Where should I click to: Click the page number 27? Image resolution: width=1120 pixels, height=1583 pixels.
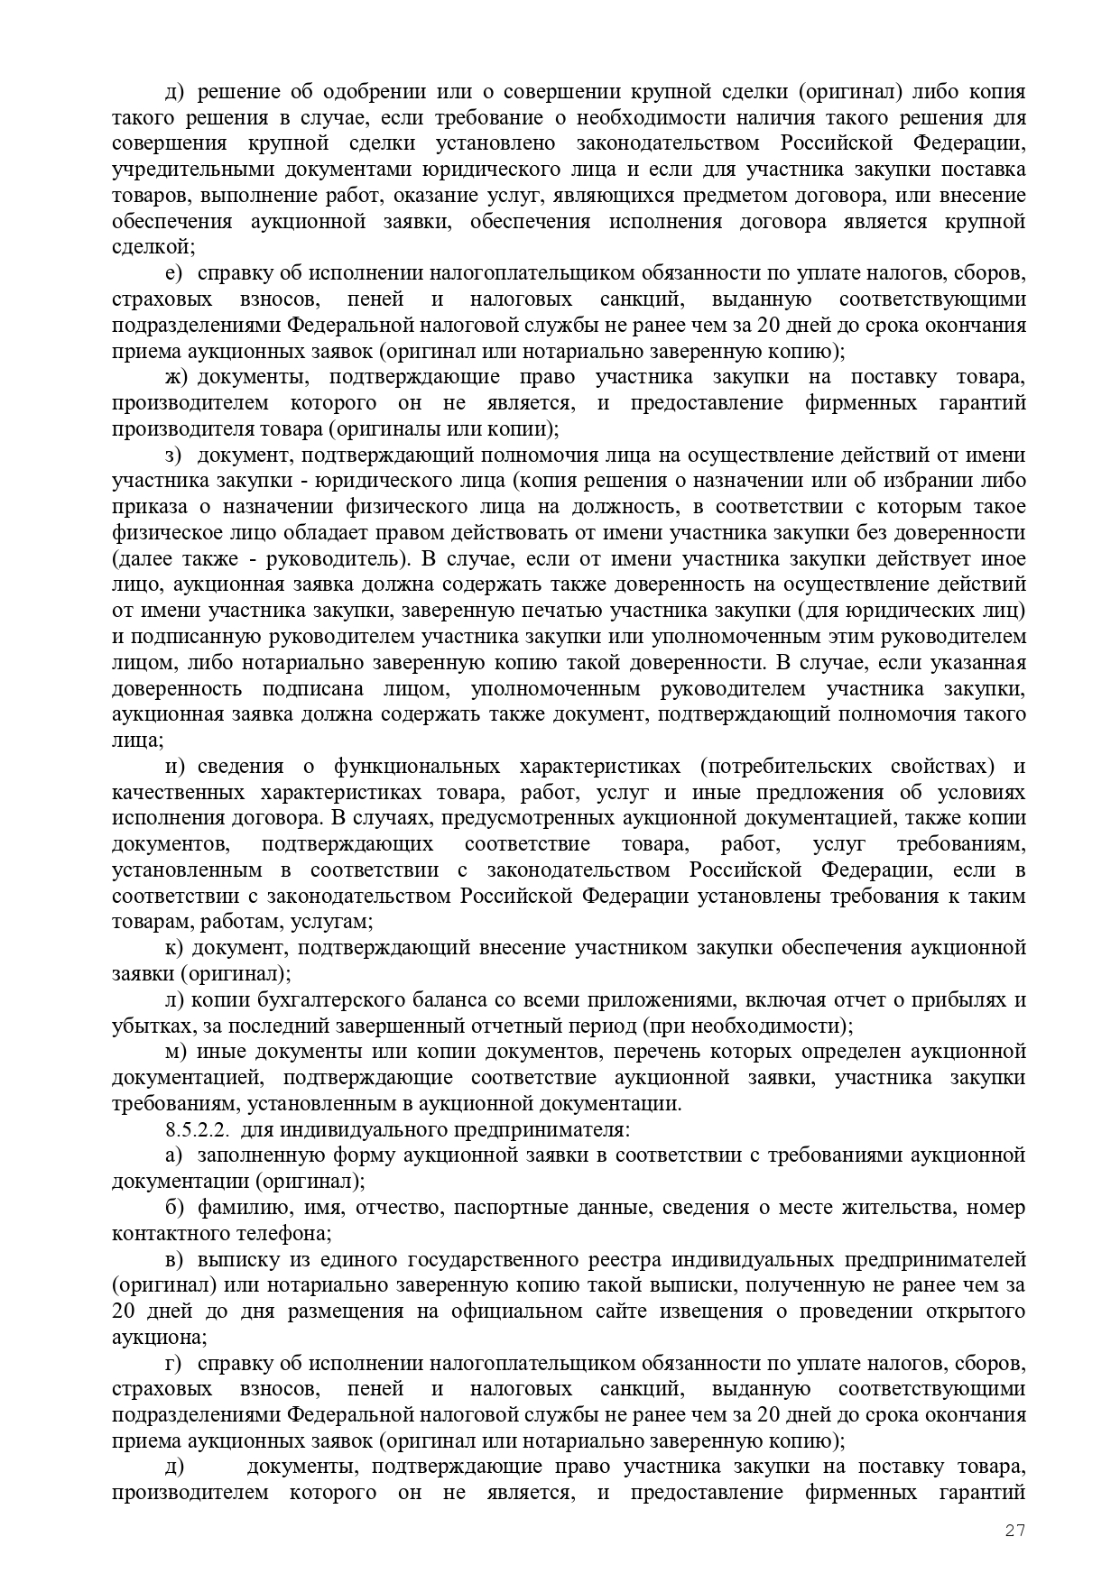1015,1531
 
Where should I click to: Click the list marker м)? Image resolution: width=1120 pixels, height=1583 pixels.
175,1053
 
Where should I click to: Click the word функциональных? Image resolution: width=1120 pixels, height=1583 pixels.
417,768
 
